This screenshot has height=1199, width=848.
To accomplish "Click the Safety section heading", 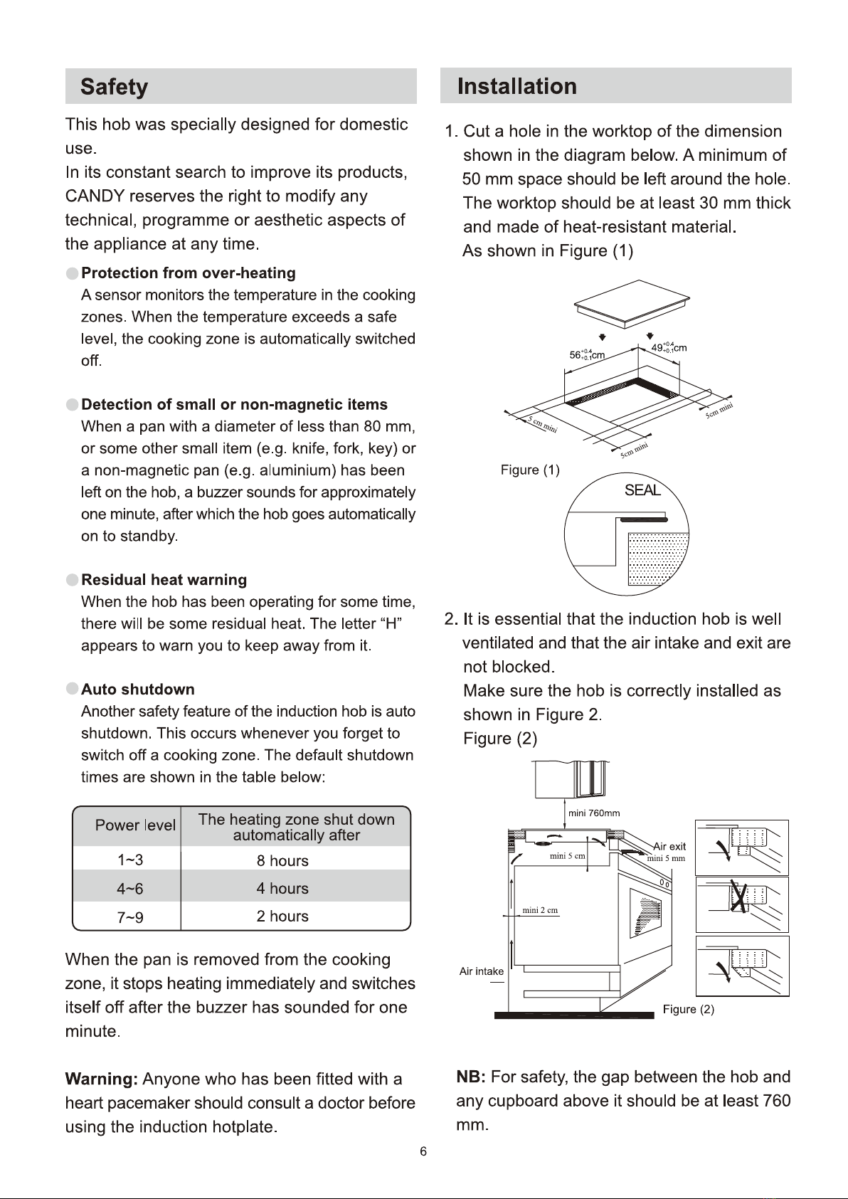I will tap(114, 87).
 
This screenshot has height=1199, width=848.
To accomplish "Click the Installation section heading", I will tap(516, 86).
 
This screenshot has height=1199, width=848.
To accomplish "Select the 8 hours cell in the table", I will tap(282, 860).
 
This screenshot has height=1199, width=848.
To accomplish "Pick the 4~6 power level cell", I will tap(129, 889).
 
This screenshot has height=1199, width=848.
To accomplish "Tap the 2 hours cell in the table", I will tap(282, 917).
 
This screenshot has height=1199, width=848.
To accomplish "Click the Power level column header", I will tap(135, 825).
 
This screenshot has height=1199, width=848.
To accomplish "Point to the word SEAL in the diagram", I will tap(642, 490).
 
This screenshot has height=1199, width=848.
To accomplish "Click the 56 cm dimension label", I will tap(587, 354).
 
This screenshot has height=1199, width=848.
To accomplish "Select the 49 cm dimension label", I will tap(669, 347).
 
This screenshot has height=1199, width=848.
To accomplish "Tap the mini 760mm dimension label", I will tap(594, 813).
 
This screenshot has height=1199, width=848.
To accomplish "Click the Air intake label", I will tap(482, 971).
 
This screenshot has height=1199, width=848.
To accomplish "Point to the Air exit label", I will tap(669, 846).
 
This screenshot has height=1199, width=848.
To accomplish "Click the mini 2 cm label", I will tap(540, 910).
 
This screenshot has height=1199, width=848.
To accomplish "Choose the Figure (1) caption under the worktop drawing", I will tap(530, 470).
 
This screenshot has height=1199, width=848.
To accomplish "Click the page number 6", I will tap(423, 1151).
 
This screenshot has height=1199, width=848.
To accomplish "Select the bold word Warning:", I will tap(101, 1079).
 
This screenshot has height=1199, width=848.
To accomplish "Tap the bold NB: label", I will tap(471, 1077).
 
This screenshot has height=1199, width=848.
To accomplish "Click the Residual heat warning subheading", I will tap(164, 580).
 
